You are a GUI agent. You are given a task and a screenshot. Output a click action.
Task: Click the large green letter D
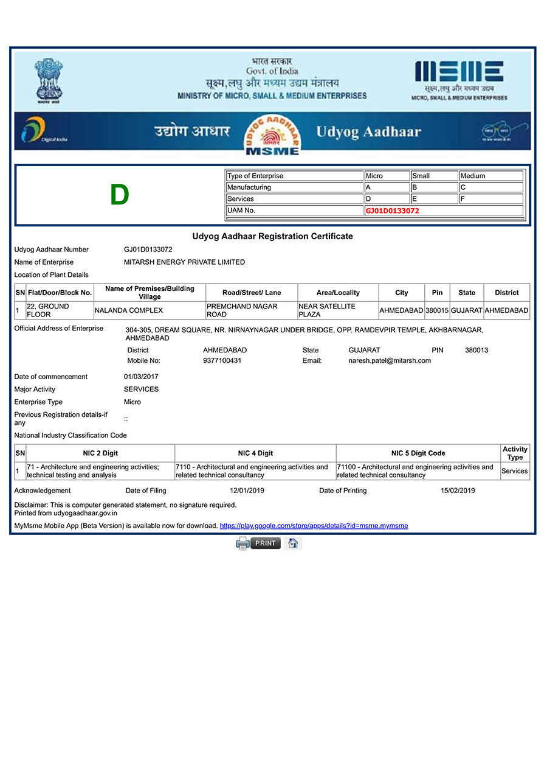[120, 195]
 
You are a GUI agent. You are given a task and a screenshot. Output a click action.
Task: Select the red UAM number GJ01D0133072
[392, 211]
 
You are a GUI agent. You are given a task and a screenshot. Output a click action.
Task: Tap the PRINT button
[265, 543]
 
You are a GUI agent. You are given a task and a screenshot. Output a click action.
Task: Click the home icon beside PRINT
[293, 543]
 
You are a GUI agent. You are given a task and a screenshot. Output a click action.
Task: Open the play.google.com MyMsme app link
[314, 525]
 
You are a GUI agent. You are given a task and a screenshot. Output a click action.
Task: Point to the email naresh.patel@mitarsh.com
[390, 360]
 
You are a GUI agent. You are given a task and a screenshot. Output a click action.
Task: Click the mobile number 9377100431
[222, 360]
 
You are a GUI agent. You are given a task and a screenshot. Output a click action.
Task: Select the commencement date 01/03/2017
[141, 377]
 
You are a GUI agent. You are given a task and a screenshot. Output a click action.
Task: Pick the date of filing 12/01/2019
[247, 491]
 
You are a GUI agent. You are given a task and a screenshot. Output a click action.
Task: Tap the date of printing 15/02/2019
[458, 491]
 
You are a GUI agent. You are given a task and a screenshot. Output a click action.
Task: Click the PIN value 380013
[476, 350]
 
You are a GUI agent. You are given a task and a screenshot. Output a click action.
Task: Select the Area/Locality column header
[338, 293]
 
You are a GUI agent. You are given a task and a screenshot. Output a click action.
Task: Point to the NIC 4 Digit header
[255, 453]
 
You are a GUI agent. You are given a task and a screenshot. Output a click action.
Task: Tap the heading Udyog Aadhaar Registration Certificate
[272, 236]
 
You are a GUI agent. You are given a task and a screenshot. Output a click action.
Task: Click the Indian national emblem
[49, 79]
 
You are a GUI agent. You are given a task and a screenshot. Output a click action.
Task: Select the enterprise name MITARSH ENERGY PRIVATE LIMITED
[184, 262]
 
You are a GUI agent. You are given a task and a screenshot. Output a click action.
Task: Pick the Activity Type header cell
[515, 453]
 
